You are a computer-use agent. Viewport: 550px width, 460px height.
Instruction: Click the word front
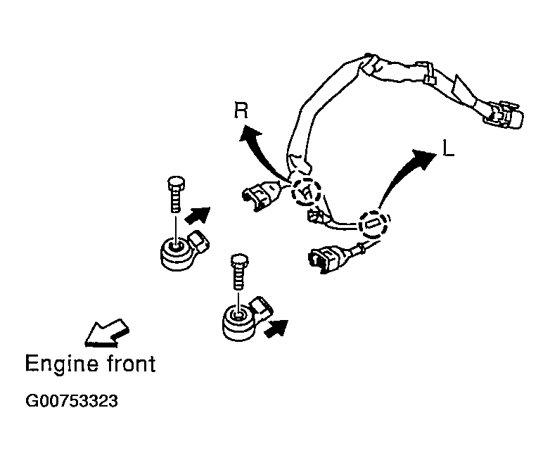click(x=132, y=364)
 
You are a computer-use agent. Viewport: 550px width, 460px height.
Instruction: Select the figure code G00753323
click(x=72, y=401)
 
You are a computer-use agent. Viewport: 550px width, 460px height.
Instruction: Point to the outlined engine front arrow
click(x=107, y=333)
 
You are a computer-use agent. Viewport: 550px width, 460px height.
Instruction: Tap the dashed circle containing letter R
click(x=305, y=191)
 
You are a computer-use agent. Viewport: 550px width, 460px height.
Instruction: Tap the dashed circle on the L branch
click(x=373, y=224)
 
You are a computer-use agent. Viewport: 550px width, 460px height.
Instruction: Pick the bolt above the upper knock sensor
click(x=176, y=193)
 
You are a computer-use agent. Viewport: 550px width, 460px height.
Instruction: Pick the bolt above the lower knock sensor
click(x=239, y=271)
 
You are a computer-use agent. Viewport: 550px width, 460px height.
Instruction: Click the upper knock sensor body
click(x=177, y=254)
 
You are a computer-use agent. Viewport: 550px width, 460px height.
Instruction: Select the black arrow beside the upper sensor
click(x=198, y=215)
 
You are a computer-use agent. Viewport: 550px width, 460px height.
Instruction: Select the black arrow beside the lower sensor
click(x=276, y=328)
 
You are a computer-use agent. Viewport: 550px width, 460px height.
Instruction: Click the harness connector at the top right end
click(x=504, y=115)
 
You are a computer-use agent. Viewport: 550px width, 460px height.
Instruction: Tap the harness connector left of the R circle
click(x=262, y=195)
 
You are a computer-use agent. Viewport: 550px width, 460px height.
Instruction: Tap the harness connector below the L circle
click(x=328, y=259)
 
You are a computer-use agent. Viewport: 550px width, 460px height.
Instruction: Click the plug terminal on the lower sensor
click(x=261, y=307)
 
